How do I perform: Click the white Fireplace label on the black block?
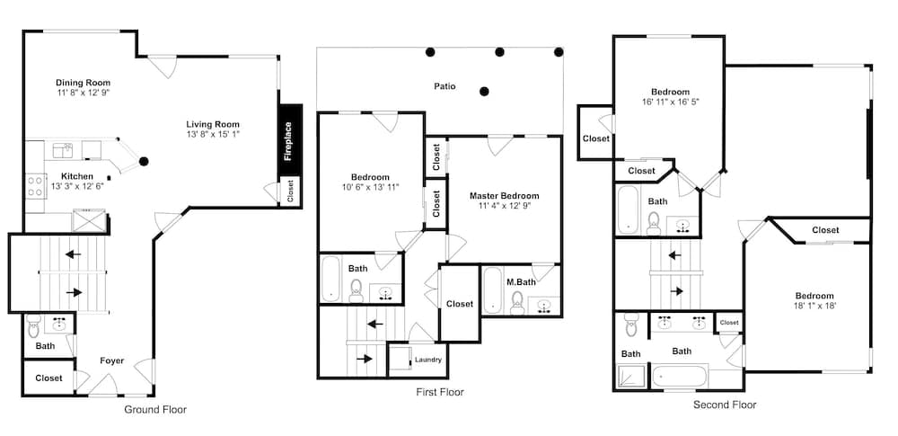point(289,140)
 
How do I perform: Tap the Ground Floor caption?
point(155,410)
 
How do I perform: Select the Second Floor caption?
point(725,405)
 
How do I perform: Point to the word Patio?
point(445,86)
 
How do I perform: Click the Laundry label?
point(428,360)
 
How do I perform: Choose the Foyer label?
point(111,360)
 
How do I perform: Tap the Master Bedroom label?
point(505,196)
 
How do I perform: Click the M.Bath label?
point(519,281)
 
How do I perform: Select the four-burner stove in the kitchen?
point(36,186)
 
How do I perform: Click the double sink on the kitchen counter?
point(63,151)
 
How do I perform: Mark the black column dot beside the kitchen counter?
point(144,161)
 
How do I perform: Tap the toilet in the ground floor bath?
point(33,325)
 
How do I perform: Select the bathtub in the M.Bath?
point(493,290)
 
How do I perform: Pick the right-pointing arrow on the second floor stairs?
point(676,291)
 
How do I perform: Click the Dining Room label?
point(83,83)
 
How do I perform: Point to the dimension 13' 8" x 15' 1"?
point(213,134)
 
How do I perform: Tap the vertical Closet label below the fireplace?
point(290,190)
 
